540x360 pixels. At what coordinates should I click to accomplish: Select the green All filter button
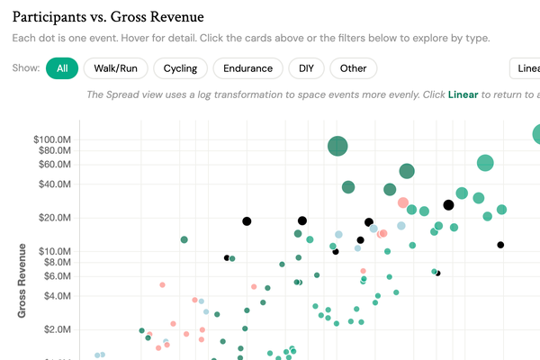tap(61, 68)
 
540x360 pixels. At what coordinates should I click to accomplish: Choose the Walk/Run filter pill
tap(114, 68)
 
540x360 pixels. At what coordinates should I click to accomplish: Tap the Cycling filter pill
tap(181, 68)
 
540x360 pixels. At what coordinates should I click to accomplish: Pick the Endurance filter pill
tap(247, 68)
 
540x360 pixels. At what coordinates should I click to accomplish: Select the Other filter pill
tap(353, 68)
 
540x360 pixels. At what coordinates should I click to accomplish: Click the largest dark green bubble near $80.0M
tap(337, 147)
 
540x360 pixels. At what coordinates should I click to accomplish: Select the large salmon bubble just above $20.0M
tap(403, 203)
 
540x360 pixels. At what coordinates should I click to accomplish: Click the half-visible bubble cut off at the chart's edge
tap(537, 134)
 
